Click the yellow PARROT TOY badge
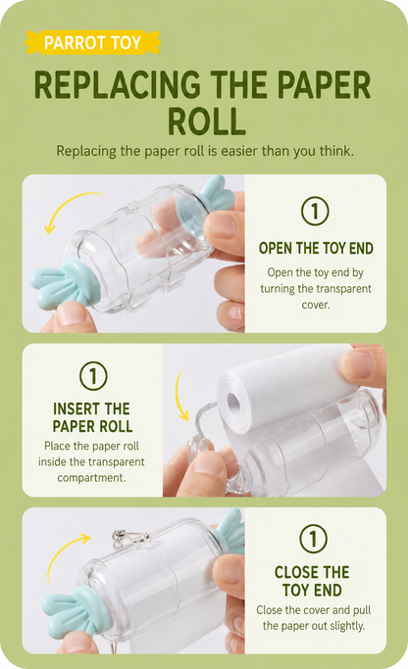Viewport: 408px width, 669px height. tap(93, 42)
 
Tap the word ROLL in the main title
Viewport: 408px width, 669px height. tap(206, 120)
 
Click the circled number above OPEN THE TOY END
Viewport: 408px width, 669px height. tap(315, 211)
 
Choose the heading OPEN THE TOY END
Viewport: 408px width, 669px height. tap(316, 248)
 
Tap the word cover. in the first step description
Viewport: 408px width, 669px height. tap(315, 305)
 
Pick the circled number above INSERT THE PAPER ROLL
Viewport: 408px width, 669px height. tap(93, 376)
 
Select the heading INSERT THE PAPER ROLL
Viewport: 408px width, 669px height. tap(92, 417)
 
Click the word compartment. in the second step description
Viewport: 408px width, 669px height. tap(92, 477)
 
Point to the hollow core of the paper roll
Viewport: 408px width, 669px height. tap(234, 402)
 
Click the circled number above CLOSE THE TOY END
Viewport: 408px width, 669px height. tap(313, 539)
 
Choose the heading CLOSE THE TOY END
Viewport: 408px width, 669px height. tap(312, 581)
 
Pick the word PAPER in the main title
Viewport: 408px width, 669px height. tap(324, 85)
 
